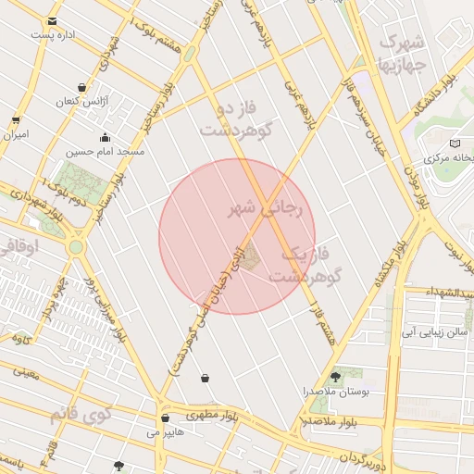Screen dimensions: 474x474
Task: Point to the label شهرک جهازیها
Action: pos(401,53)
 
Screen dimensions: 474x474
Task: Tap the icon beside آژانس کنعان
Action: pos(82,87)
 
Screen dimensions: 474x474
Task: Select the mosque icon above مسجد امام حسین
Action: pos(104,139)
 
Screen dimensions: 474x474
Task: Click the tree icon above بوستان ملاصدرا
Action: pos(334,377)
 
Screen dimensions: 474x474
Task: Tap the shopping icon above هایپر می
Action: pos(165,418)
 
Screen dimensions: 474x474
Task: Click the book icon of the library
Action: pos(454,143)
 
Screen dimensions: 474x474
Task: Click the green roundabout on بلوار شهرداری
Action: pos(76,247)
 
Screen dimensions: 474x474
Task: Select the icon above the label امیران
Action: pos(16,119)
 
